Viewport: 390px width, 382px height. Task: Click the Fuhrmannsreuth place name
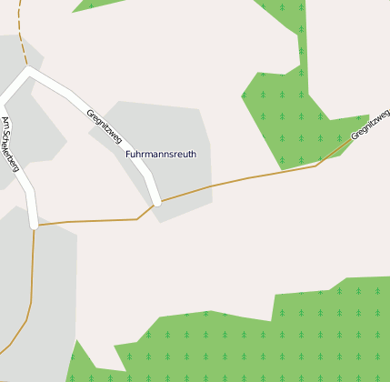pos(160,155)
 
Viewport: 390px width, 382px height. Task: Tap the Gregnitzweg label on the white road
pos(104,126)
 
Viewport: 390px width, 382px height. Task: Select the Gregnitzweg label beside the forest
pos(370,124)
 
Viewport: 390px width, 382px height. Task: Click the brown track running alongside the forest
pos(273,173)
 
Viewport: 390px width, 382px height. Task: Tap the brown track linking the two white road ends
pos(91,220)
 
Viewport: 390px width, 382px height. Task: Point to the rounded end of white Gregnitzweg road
pos(156,201)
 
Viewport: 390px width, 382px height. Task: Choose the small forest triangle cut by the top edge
pos(95,5)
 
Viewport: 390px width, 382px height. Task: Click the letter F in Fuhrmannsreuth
pos(128,155)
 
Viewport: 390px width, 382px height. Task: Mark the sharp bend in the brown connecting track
pos(137,218)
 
